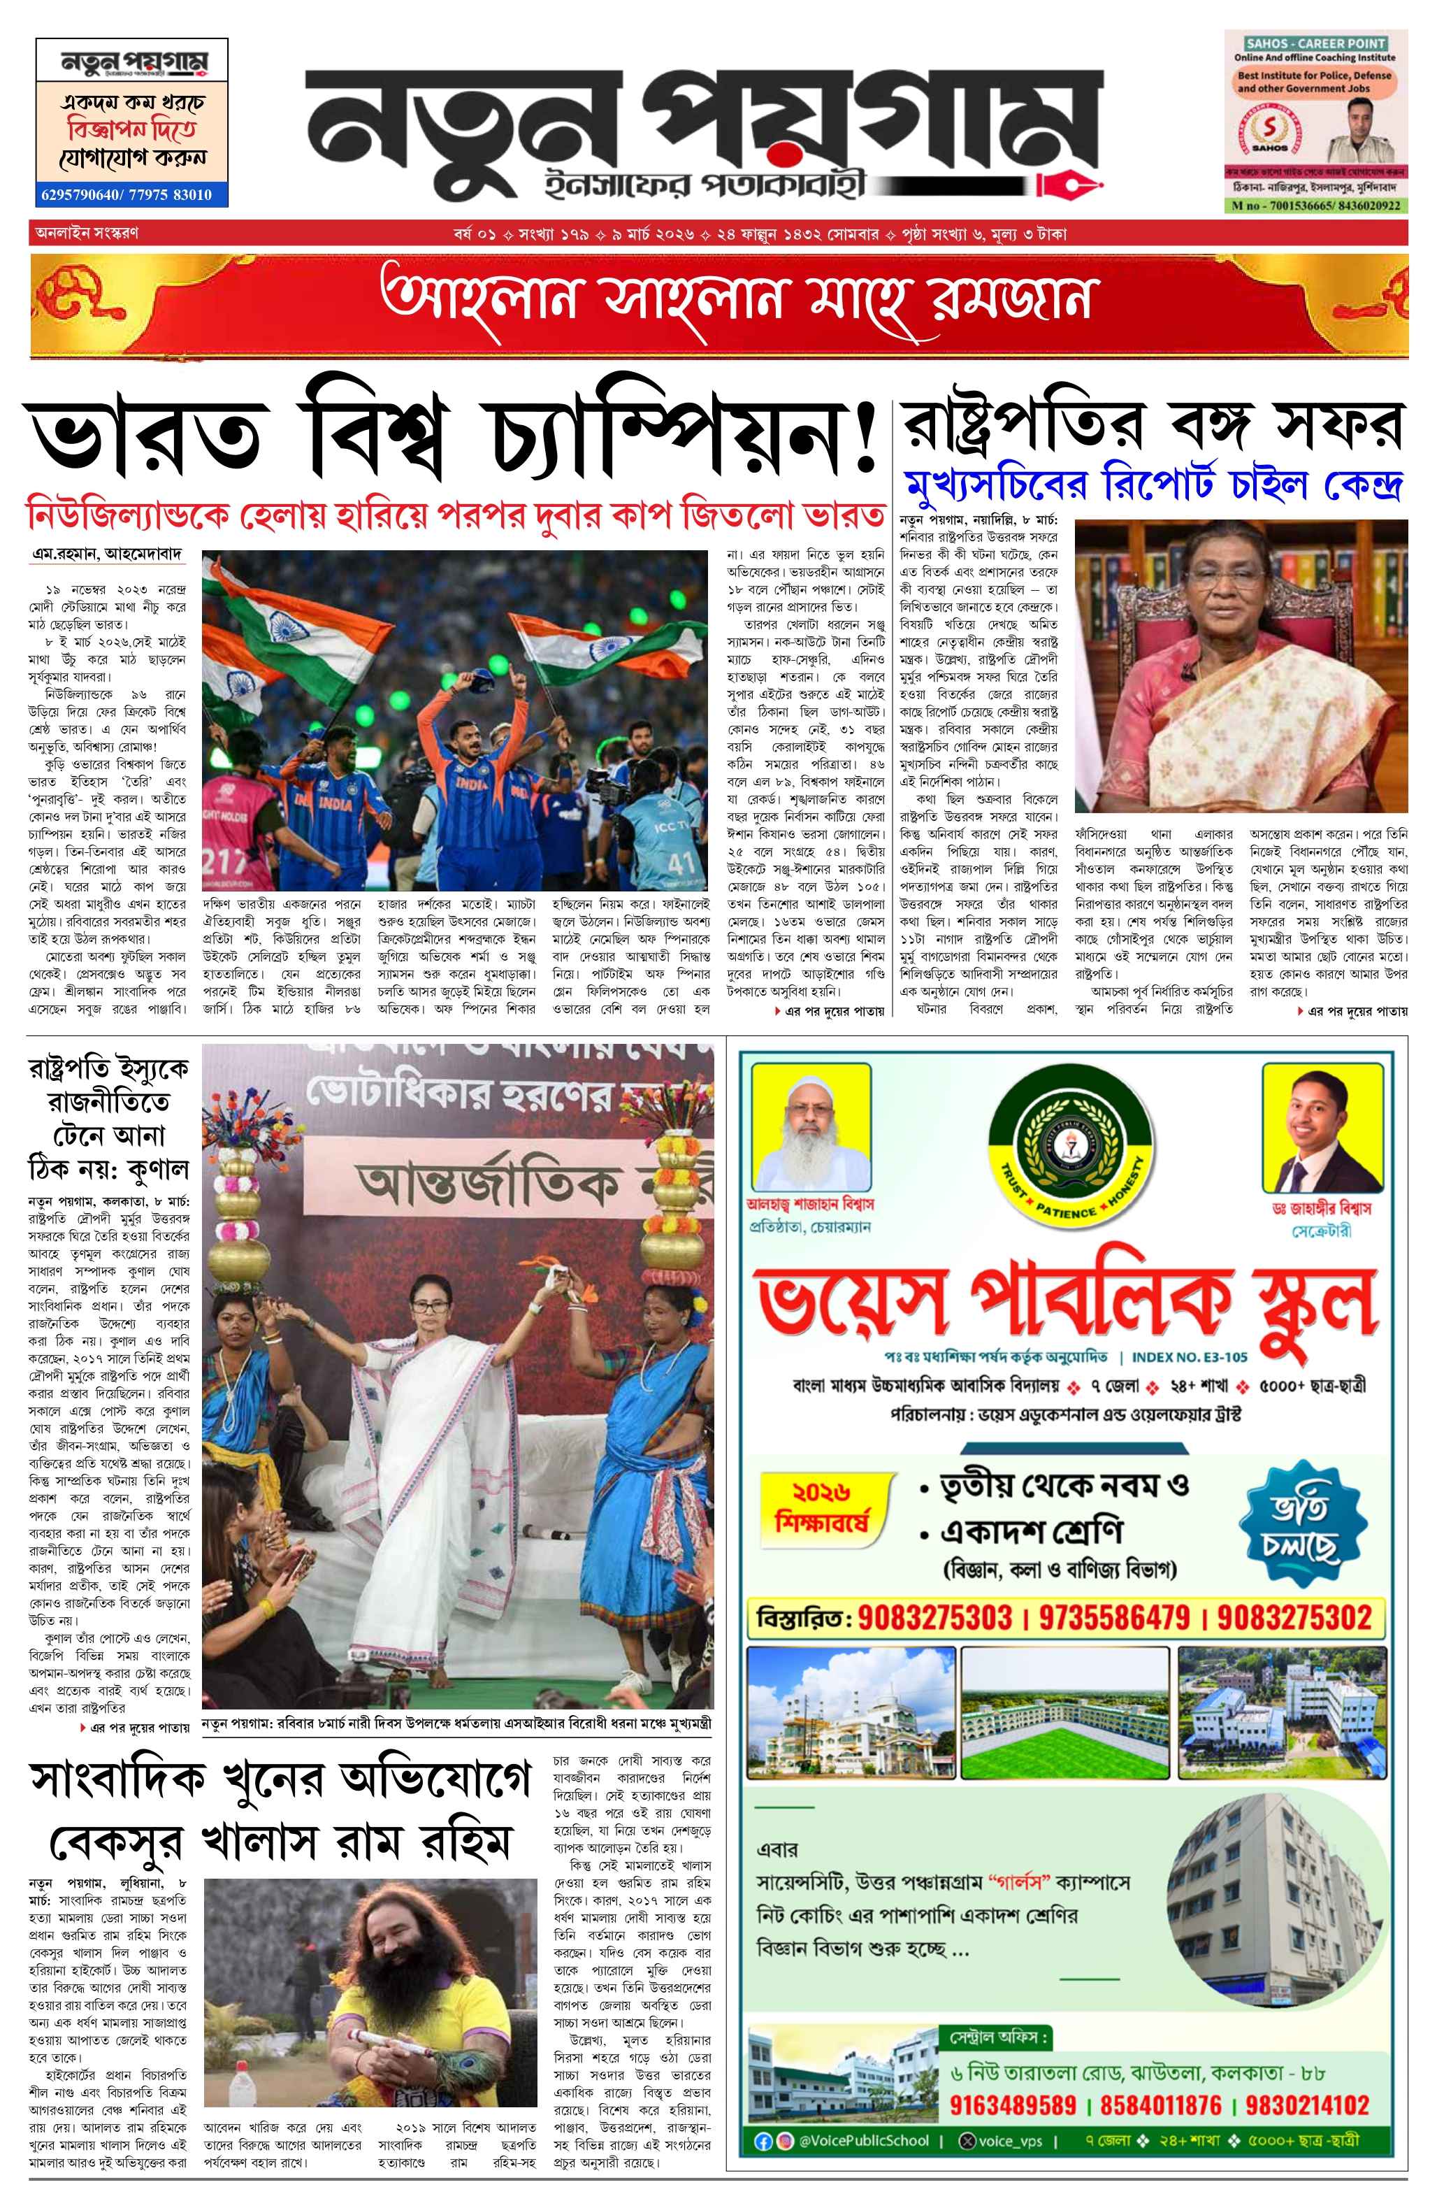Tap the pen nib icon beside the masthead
click(x=1070, y=182)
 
